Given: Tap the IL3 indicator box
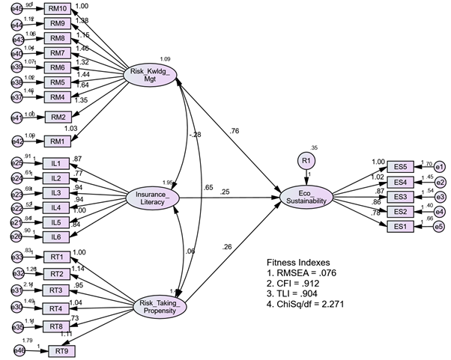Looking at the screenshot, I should point(56,192).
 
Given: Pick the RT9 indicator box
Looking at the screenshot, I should point(61,350).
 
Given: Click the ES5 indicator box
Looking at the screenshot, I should point(400,167).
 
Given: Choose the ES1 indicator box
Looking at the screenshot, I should point(400,226).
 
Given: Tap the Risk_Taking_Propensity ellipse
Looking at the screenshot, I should point(159,305).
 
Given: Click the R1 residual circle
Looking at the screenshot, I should point(305,160).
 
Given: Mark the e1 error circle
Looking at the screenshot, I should point(439,167).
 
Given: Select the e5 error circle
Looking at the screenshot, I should point(439,226).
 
